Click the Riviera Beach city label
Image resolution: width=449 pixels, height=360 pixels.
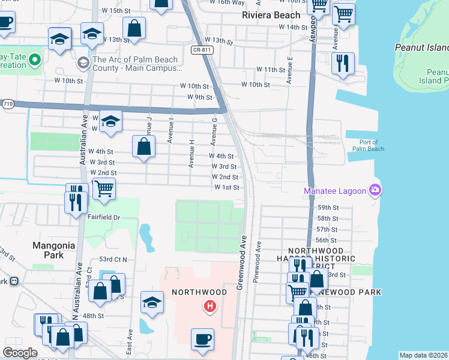click(x=270, y=15)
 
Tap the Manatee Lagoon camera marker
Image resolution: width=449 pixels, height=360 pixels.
click(x=376, y=190)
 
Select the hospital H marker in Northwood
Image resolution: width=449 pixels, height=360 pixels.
click(x=209, y=307)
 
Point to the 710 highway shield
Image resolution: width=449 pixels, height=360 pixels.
click(x=8, y=104)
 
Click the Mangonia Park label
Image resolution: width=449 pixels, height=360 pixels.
click(x=53, y=250)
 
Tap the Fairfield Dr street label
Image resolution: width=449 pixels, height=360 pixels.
click(x=104, y=217)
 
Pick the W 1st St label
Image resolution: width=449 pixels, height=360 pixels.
click(x=227, y=188)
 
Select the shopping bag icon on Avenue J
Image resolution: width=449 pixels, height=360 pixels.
click(x=144, y=147)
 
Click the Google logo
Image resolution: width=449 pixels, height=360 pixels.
click(x=20, y=353)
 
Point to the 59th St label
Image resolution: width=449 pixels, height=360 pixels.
click(x=327, y=208)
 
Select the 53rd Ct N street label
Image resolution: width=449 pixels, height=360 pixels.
click(x=113, y=259)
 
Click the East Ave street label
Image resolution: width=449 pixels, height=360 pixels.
click(x=130, y=340)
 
